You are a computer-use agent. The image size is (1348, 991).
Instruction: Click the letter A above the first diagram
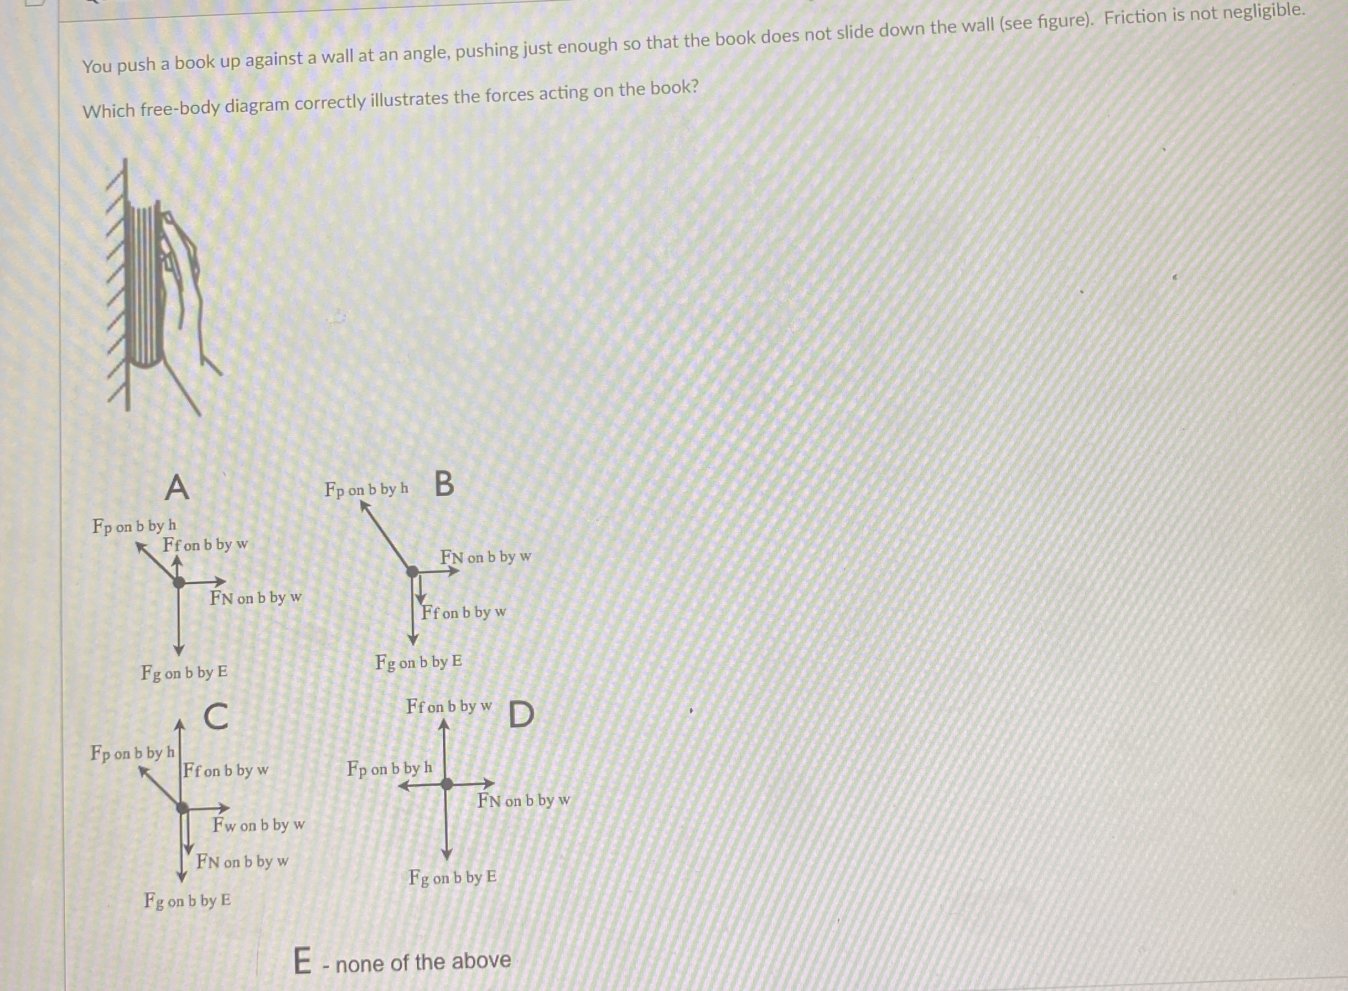click(x=177, y=486)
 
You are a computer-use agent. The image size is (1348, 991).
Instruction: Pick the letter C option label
click(x=216, y=715)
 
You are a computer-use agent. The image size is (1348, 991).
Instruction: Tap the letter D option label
click(x=521, y=714)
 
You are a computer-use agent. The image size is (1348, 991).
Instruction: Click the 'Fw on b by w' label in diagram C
click(x=258, y=826)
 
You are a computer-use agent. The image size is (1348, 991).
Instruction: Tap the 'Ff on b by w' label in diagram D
click(x=449, y=707)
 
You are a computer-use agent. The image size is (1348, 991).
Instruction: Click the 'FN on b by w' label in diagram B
click(x=486, y=557)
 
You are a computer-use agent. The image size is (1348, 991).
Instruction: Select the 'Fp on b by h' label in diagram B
click(x=366, y=490)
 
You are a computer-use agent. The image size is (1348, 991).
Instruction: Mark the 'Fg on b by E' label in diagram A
click(x=185, y=672)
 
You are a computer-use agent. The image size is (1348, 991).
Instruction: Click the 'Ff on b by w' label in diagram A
click(x=205, y=545)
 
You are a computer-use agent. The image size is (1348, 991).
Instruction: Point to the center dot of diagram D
click(x=447, y=784)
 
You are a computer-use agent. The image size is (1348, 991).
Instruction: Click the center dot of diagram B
click(x=413, y=572)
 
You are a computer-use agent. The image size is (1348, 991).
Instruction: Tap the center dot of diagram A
click(x=178, y=582)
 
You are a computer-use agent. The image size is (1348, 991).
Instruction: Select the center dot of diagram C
click(x=183, y=808)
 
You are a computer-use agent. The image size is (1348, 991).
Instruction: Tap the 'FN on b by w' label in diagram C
click(x=242, y=862)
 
